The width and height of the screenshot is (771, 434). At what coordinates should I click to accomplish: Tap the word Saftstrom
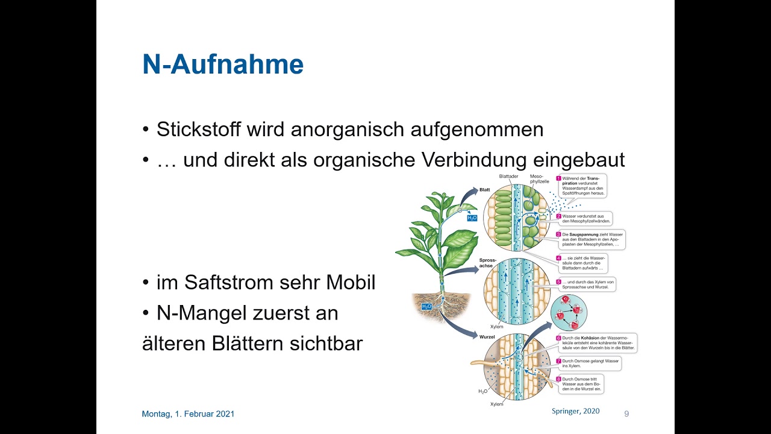click(x=228, y=282)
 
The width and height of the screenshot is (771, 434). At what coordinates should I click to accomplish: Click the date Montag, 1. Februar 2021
click(x=188, y=414)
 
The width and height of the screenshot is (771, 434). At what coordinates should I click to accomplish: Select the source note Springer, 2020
click(x=575, y=411)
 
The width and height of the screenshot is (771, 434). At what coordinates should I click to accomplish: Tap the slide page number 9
click(x=626, y=414)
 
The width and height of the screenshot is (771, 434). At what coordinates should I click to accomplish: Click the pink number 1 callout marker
click(x=558, y=178)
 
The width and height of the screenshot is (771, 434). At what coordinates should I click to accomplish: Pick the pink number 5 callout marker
click(x=558, y=281)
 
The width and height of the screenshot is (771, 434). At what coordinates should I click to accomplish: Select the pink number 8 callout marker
click(x=558, y=379)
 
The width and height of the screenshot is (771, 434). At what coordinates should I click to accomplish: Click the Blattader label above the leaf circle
click(x=508, y=177)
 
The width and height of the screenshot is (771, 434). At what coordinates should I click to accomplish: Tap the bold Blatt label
click(x=484, y=190)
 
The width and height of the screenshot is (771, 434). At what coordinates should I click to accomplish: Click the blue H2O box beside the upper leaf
click(x=472, y=218)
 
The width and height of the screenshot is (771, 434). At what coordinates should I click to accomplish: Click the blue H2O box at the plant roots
click(x=426, y=307)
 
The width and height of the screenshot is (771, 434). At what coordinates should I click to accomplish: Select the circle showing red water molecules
click(x=568, y=313)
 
